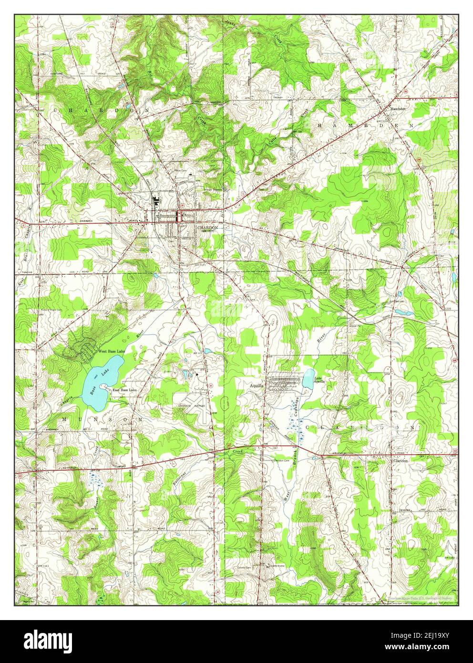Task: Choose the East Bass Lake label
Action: click(124, 391)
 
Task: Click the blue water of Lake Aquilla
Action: click(308, 380)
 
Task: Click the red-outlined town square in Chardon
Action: click(179, 216)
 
